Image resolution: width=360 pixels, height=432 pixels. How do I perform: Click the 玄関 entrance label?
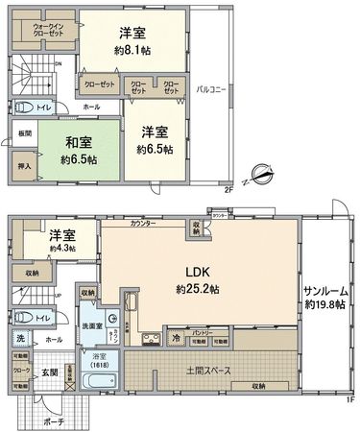pos(48,372)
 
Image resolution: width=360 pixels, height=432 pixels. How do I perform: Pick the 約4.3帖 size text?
pos(63,250)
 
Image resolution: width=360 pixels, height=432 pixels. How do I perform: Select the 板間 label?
pos(23,133)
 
